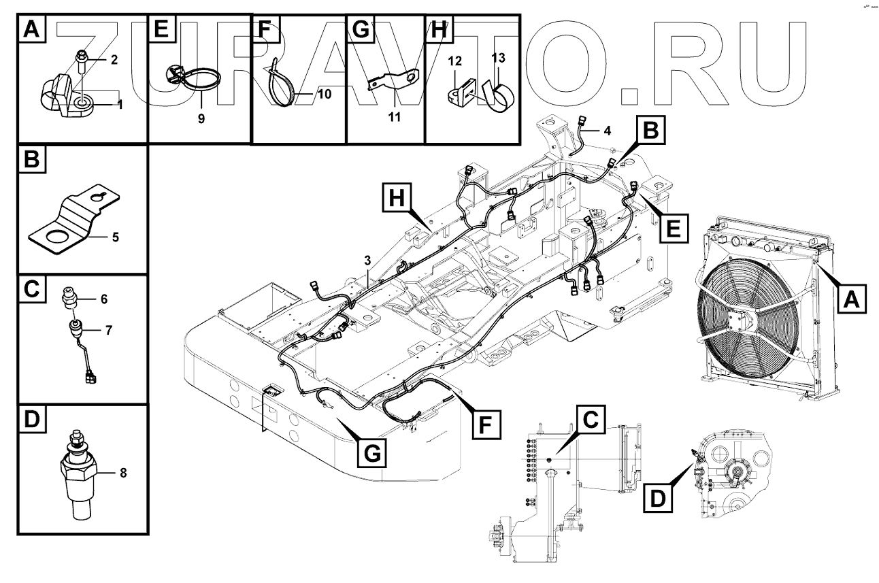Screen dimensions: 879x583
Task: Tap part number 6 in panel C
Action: pos(104,299)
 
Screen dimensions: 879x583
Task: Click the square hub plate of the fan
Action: pos(736,329)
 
